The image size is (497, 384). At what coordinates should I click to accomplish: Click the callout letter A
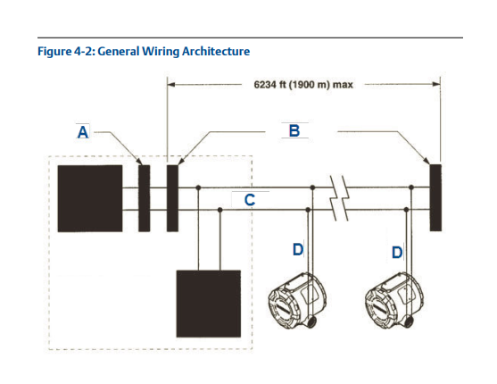pyautogui.click(x=83, y=132)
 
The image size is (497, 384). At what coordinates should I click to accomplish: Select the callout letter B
pyautogui.click(x=294, y=130)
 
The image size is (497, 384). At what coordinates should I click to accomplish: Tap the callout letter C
pyautogui.click(x=250, y=200)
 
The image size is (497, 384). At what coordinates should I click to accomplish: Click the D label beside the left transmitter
pyautogui.click(x=298, y=249)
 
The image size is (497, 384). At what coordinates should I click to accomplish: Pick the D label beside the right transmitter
pyautogui.click(x=397, y=253)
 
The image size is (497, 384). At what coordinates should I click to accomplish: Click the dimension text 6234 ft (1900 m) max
pyautogui.click(x=303, y=85)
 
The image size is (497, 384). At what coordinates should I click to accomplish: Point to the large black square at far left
pyautogui.click(x=90, y=198)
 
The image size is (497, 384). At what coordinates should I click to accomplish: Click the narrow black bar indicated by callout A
pyautogui.click(x=145, y=198)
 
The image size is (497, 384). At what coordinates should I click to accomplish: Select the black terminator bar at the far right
pyautogui.click(x=435, y=197)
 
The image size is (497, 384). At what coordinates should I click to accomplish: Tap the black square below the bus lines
pyautogui.click(x=209, y=304)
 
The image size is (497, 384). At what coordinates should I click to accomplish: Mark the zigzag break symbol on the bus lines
pyautogui.click(x=339, y=198)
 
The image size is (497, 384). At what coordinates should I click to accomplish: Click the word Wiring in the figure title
pyautogui.click(x=161, y=52)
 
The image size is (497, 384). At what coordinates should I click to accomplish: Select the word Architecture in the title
pyautogui.click(x=216, y=51)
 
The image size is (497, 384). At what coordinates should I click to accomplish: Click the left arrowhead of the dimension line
pyautogui.click(x=171, y=85)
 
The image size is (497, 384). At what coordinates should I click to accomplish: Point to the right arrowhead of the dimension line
pyautogui.click(x=436, y=85)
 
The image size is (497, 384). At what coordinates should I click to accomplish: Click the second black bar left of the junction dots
pyautogui.click(x=172, y=198)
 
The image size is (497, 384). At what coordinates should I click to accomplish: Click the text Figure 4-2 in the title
pyautogui.click(x=66, y=52)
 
